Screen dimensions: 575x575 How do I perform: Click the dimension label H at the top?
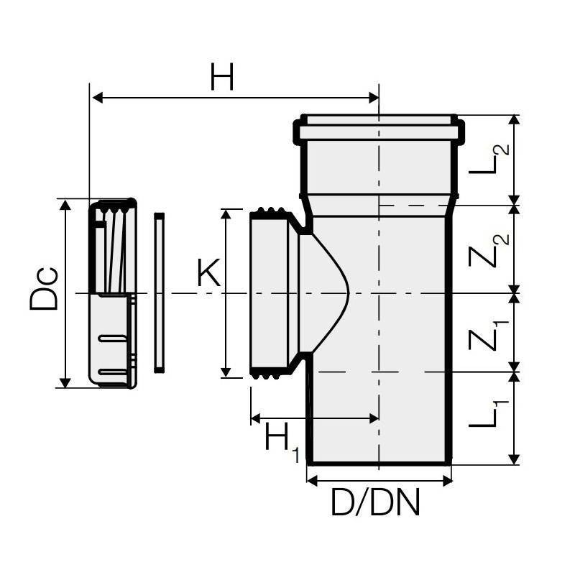point(222,77)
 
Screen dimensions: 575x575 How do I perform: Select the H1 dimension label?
point(282,440)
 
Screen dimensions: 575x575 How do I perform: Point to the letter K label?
point(208,274)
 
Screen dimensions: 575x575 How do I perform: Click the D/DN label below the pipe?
point(375,503)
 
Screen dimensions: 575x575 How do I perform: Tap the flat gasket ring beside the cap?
point(160,293)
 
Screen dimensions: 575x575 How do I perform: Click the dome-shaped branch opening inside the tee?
point(323,293)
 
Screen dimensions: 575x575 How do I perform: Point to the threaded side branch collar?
point(271,293)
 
